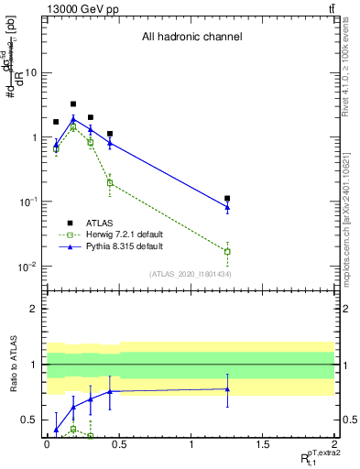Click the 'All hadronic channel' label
click(191, 38)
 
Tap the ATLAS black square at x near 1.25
click(227, 199)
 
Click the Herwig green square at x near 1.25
click(227, 251)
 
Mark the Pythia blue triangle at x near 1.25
click(227, 207)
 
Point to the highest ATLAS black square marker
click(73, 104)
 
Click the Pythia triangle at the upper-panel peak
click(73, 119)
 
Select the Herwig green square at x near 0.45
click(110, 183)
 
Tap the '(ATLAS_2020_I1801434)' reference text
click(190, 275)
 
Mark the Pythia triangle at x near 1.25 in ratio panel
click(227, 389)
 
